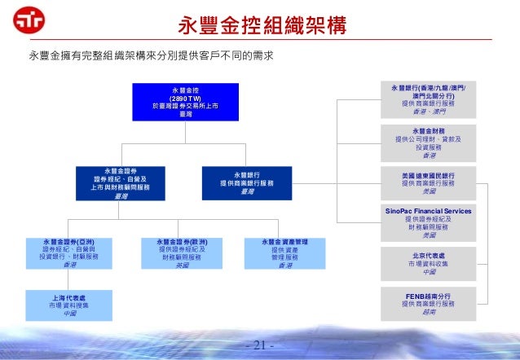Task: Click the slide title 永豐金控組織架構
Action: (x=260, y=26)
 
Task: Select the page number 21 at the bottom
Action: (x=260, y=346)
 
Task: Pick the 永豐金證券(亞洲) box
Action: (x=65, y=254)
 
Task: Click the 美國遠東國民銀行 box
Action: (x=429, y=183)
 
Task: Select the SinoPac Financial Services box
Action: (x=429, y=222)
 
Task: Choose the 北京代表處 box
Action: (x=429, y=263)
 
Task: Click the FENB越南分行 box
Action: (x=429, y=302)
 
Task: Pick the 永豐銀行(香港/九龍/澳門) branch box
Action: (x=429, y=99)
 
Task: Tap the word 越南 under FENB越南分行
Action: (x=429, y=312)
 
